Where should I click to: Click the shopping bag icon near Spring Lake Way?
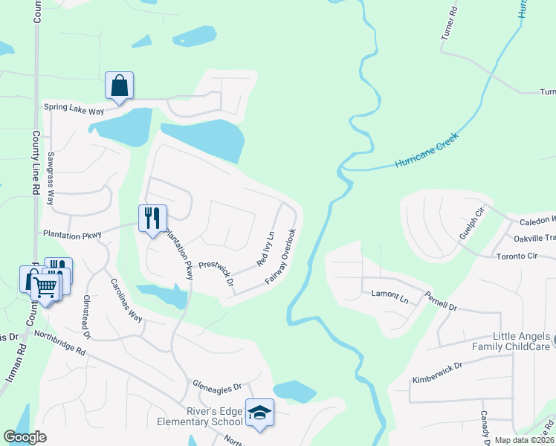119,85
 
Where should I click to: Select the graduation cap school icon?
259,413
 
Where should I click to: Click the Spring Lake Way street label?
74,107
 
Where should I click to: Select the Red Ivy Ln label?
265,249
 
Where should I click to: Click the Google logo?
25,437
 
